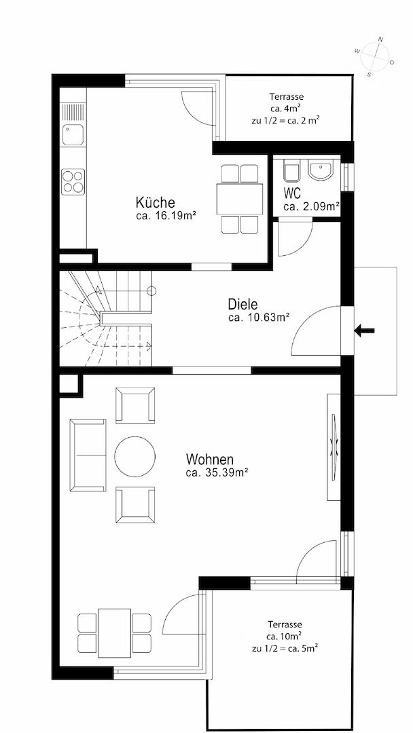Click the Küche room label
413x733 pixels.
coord(156,203)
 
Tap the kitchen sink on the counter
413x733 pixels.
coord(73,134)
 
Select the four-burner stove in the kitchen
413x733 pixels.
coord(73,181)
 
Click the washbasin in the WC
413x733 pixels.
coord(321,170)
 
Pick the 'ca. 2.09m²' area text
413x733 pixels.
coord(311,206)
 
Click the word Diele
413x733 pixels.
coord(243,305)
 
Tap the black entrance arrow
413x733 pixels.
coord(364,331)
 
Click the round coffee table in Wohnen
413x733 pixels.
coord(134,456)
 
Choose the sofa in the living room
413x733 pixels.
coord(88,455)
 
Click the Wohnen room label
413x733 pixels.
coord(209,459)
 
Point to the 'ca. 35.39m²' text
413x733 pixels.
coord(217,472)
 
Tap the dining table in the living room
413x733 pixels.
coord(114,633)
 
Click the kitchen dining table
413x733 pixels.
coord(240,199)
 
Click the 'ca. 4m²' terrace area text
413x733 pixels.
coord(285,109)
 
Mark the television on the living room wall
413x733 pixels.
coord(334,447)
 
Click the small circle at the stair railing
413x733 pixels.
coord(151,290)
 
